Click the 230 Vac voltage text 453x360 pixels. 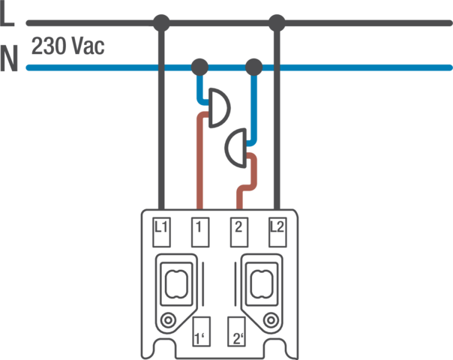pos(68,46)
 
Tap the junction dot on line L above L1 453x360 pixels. pos(159,22)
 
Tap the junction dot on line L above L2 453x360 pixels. pos(277,22)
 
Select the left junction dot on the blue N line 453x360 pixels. pos(199,68)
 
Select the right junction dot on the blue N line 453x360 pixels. pos(253,68)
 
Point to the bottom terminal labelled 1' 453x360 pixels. pos(200,331)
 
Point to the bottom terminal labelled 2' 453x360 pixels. pos(239,331)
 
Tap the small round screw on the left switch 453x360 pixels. pos(169,321)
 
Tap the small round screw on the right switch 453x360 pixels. pos(271,321)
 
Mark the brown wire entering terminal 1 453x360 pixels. pos(199,165)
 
